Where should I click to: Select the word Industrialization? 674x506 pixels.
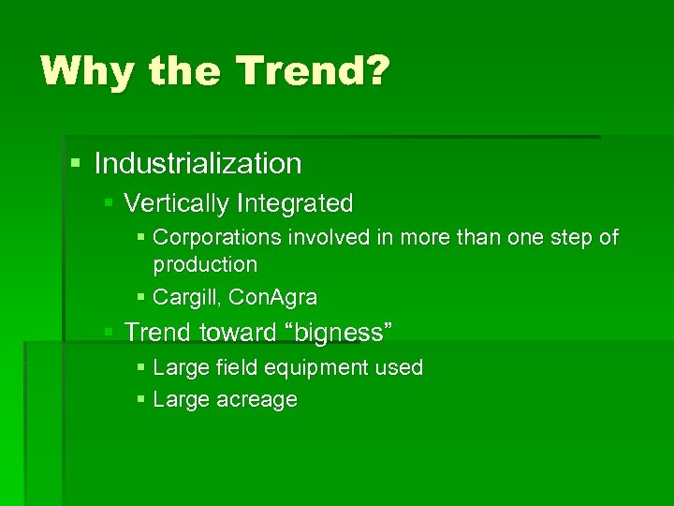(x=198, y=164)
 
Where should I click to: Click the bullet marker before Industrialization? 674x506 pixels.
(x=76, y=165)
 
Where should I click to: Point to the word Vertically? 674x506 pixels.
(x=177, y=203)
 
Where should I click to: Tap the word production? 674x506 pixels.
(x=205, y=264)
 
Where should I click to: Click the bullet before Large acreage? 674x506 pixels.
(x=139, y=400)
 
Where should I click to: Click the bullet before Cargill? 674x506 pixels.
(x=139, y=298)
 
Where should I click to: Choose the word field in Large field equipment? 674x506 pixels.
(x=239, y=367)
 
